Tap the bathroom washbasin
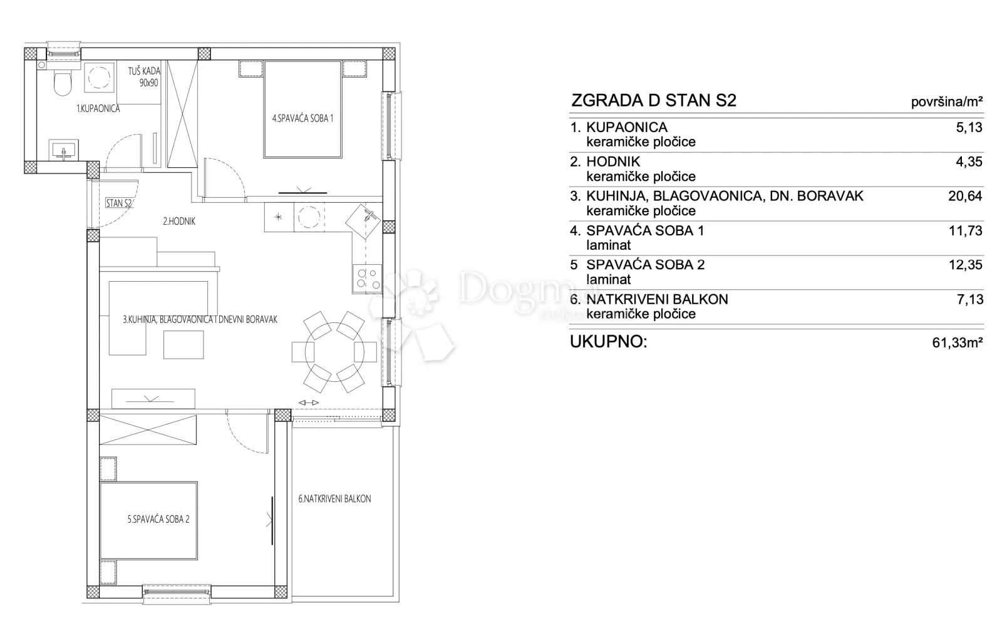click(64, 150)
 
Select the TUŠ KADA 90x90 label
click(144, 77)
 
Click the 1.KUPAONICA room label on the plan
click(98, 108)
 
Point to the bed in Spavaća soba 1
click(303, 109)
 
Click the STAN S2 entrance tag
click(119, 203)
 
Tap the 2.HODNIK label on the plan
click(179, 221)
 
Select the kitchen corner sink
click(363, 221)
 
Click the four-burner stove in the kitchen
click(367, 279)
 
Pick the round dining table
click(334, 352)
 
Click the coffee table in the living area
click(183, 344)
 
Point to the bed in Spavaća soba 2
click(148, 521)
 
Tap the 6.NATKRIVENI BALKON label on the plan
click(334, 499)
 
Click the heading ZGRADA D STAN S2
click(654, 100)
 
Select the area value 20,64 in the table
click(965, 196)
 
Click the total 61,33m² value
click(958, 342)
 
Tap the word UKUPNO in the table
click(608, 342)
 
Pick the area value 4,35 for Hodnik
click(969, 162)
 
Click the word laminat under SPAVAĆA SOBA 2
click(608, 279)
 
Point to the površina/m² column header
click(947, 103)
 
